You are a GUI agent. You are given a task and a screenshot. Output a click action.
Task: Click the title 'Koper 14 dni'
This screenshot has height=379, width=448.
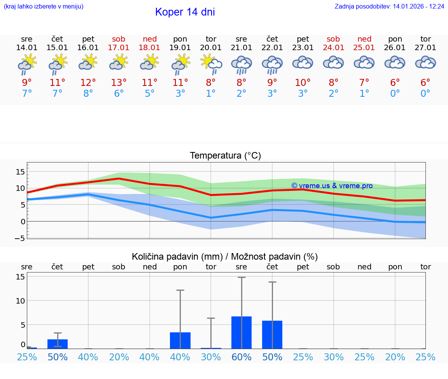click(185, 12)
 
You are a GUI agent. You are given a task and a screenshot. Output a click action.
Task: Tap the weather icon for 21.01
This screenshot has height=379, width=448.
click(241, 65)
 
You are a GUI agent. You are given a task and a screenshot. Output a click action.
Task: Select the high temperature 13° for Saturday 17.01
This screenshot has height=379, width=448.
click(119, 83)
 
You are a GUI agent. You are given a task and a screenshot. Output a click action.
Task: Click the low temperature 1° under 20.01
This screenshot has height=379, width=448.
click(211, 94)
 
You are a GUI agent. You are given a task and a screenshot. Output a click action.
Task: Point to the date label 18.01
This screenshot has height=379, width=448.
click(149, 47)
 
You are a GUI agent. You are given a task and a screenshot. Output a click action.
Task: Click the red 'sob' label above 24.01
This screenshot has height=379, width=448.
click(333, 39)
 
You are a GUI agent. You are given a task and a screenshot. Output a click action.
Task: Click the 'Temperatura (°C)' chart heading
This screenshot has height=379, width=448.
click(225, 156)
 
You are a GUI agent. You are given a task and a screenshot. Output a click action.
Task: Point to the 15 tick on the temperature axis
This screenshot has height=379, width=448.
click(20, 172)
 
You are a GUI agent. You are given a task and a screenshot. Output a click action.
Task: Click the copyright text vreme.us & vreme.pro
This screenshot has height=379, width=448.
click(332, 186)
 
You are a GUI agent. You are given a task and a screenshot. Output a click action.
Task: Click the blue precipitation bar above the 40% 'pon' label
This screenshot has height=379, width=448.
click(180, 341)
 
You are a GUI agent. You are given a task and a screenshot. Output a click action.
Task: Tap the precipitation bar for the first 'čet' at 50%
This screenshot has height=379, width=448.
click(58, 344)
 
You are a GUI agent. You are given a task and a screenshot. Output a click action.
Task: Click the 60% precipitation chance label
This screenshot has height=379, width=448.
click(241, 357)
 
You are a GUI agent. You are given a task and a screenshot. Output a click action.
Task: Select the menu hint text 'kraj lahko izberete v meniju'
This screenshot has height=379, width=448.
click(44, 7)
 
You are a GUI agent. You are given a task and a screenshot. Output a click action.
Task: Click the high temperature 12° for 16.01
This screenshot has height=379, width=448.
click(88, 83)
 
